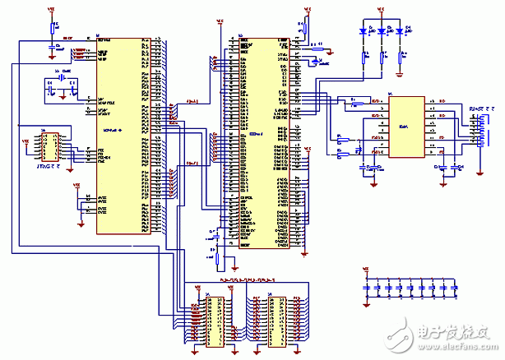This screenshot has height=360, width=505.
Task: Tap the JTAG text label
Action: [x=47, y=168]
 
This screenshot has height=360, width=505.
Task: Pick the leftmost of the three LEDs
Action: [x=364, y=31]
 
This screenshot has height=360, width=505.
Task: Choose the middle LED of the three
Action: [x=382, y=31]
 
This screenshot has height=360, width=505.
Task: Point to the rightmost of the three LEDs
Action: [x=401, y=31]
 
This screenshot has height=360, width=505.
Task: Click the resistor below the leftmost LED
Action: [x=364, y=58]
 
